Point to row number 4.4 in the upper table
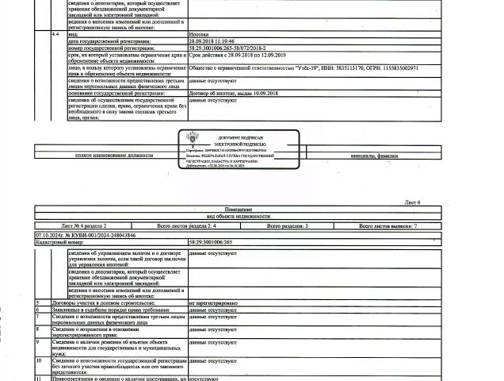pyautogui.click(x=52, y=36)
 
